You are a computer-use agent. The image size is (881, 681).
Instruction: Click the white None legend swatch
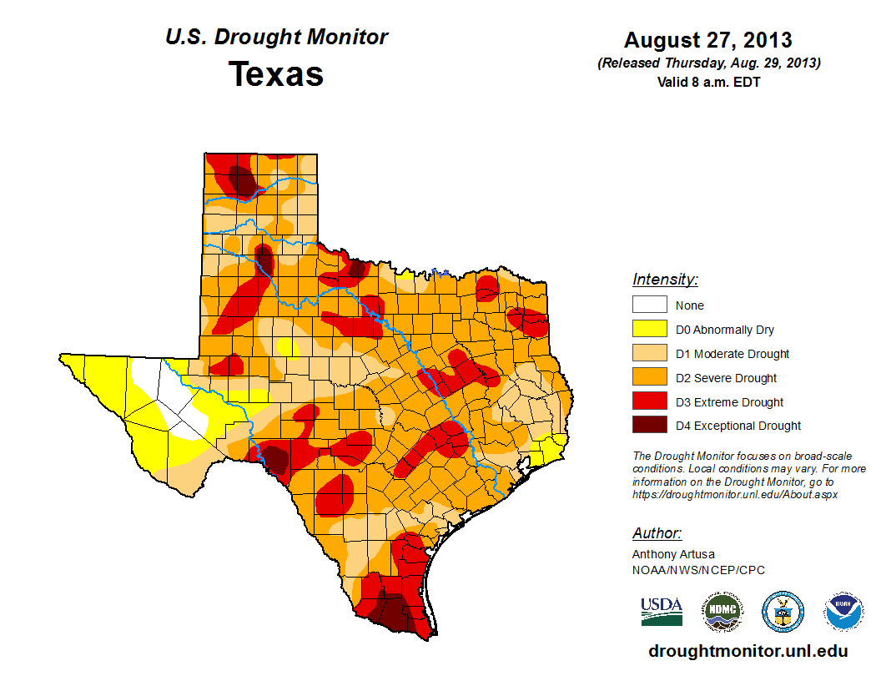coord(649,305)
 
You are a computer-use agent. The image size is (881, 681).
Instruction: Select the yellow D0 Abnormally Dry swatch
coord(649,330)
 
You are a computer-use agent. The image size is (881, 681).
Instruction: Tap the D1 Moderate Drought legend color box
coord(649,354)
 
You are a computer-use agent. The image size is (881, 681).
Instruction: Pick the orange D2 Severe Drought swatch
coord(649,378)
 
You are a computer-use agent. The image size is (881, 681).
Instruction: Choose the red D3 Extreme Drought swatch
coord(649,402)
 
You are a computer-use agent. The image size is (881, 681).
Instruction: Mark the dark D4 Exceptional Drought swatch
coord(649,426)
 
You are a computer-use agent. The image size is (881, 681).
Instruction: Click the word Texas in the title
coord(276,74)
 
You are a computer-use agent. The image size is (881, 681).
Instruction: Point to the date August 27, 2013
coord(707,40)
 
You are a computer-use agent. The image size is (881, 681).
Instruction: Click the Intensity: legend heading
coord(665,280)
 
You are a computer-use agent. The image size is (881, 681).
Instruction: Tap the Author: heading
coord(657,533)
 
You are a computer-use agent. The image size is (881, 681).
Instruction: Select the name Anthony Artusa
coord(673,554)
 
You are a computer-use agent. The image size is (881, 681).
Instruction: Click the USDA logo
coord(662,611)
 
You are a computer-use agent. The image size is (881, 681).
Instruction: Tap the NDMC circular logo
coord(722,612)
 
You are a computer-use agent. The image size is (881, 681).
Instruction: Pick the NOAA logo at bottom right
coord(843,612)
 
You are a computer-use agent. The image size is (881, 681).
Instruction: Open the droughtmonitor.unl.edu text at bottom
coord(748,651)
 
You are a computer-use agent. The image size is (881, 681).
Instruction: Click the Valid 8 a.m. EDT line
coord(707,82)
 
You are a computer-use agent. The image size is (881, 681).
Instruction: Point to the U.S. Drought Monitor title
coord(276,38)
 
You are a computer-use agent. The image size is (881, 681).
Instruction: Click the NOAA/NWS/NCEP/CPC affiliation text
coord(698,570)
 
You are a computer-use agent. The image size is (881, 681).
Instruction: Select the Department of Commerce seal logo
coord(783,612)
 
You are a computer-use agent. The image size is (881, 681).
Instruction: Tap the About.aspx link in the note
coord(734,494)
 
